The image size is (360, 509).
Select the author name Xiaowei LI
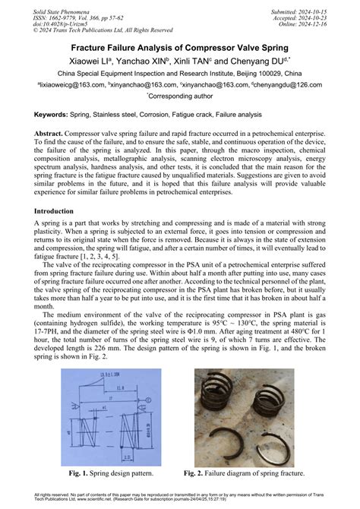(x=93, y=62)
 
